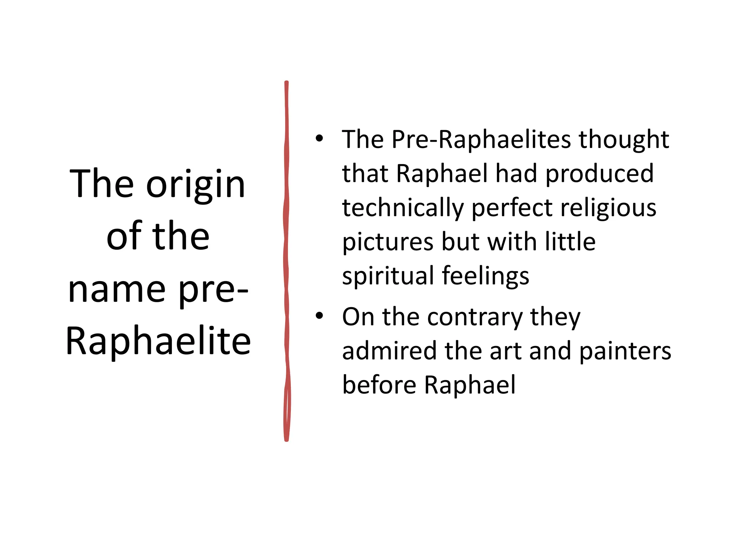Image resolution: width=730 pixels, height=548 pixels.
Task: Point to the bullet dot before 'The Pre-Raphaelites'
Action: tap(319, 138)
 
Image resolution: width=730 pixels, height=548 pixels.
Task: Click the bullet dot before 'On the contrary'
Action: tap(319, 315)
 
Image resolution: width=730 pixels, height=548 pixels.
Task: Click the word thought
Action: tap(623, 140)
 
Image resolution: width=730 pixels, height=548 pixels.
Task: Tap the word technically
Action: tap(403, 208)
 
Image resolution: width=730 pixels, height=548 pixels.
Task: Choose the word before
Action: tap(379, 385)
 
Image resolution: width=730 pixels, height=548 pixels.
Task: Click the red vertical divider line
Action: tap(287, 260)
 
